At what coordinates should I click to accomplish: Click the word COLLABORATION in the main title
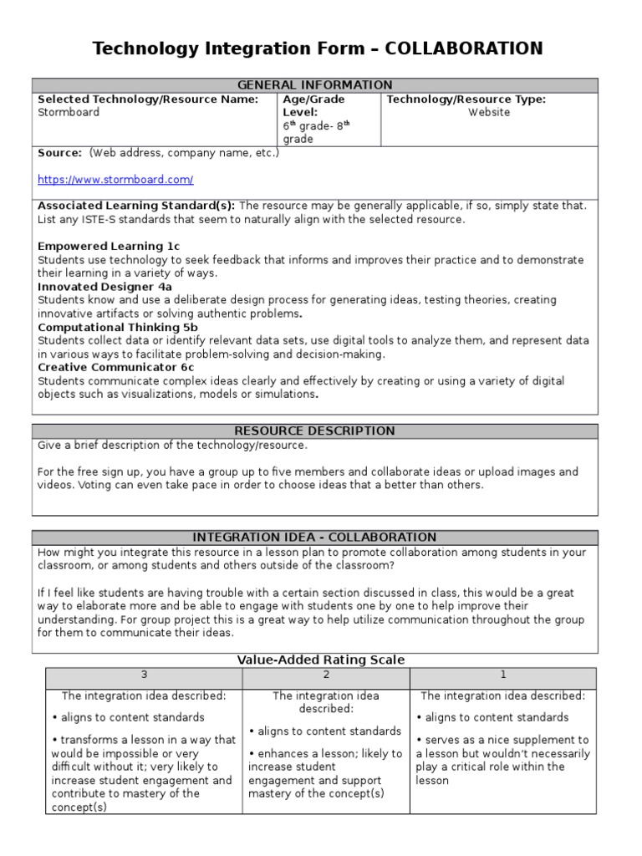pos(461,49)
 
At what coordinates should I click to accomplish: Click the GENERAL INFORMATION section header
pos(314,85)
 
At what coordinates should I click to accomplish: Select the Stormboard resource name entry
pos(69,113)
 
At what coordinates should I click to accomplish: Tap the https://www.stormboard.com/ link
pos(115,180)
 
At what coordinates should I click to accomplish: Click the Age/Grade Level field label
pos(313,105)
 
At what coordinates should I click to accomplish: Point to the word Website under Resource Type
pos(489,113)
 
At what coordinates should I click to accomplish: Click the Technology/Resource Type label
pos(466,99)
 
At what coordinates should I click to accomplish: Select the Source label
pos(59,153)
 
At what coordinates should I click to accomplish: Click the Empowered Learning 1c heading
pos(109,247)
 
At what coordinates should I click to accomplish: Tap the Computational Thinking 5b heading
pos(118,328)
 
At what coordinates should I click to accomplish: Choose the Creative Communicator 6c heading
pos(115,368)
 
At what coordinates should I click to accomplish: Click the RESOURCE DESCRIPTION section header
pos(314,431)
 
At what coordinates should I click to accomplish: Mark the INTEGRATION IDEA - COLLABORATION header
pos(314,538)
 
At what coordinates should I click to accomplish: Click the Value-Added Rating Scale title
pos(321,660)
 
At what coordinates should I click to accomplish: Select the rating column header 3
pos(144,675)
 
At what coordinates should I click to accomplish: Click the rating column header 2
pos(326,675)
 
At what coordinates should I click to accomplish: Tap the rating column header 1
pos(502,675)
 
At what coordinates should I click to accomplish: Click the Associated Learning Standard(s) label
pos(136,206)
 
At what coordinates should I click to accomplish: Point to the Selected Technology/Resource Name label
pos(148,99)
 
